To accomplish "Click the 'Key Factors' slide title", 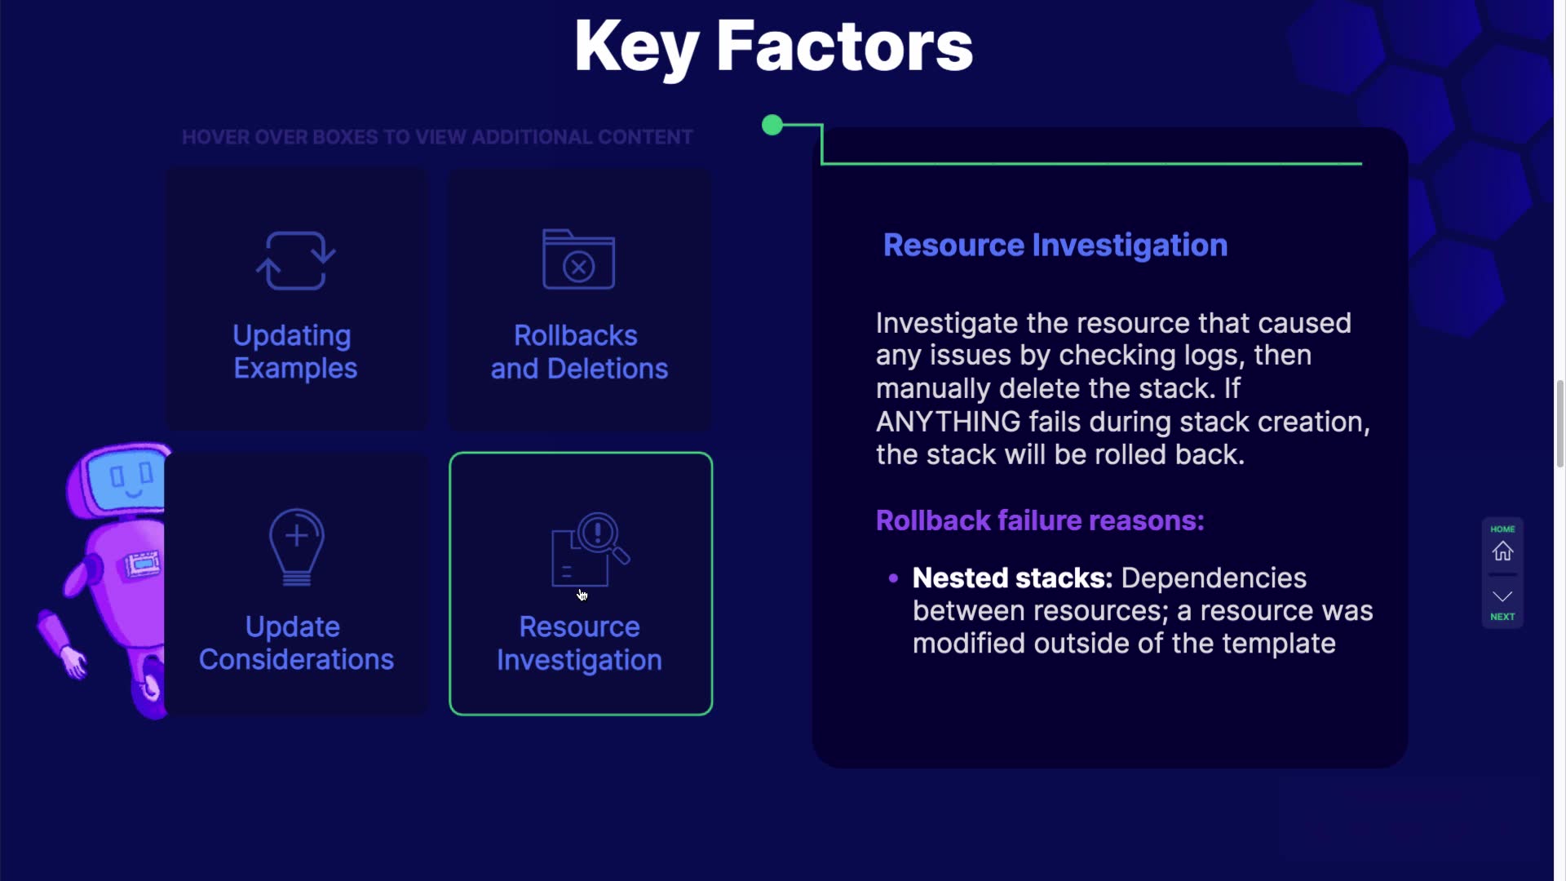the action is click(x=773, y=47).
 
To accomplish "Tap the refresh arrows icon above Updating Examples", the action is click(x=295, y=260).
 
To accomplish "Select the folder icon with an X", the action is click(x=578, y=259).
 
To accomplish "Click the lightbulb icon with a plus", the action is click(x=297, y=547).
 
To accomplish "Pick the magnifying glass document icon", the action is click(x=591, y=549).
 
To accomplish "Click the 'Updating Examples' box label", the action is click(x=295, y=352).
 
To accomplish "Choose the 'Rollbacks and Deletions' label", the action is click(x=579, y=352).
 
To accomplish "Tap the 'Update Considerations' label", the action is click(x=296, y=643).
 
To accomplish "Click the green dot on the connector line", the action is click(x=772, y=125).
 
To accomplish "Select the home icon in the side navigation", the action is click(x=1502, y=551).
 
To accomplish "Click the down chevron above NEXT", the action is click(x=1502, y=596).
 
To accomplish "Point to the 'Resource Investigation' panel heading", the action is click(x=1055, y=245).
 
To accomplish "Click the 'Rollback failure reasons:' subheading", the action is click(x=1040, y=520).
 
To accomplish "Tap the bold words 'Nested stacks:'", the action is click(x=1012, y=578).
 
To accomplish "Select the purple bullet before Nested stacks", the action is click(x=893, y=578).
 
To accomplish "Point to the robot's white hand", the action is click(x=74, y=662).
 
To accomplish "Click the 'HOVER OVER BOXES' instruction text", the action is click(x=437, y=137).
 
